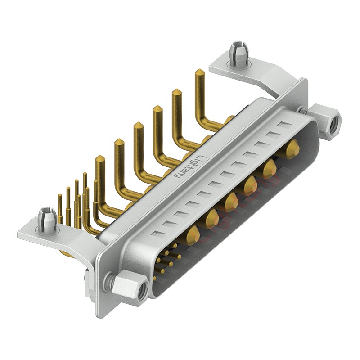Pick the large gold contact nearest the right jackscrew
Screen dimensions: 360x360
293,148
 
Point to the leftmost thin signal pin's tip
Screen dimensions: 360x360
60,196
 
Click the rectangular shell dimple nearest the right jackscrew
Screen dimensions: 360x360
283,125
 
